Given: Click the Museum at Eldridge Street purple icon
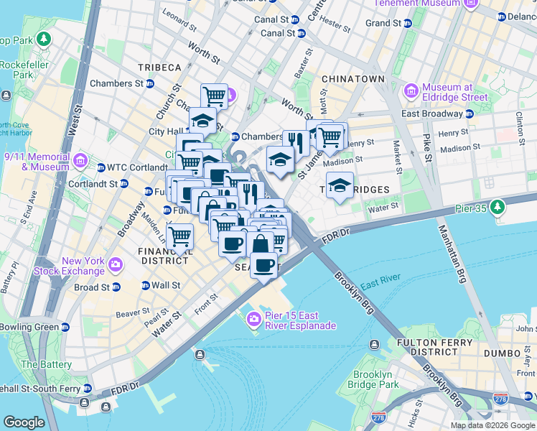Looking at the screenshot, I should [411, 91].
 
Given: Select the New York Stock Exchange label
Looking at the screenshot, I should [73, 267].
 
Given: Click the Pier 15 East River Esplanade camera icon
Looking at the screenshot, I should [253, 319].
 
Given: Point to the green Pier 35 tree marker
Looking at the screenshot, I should [496, 208].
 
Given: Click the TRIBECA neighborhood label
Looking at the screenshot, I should [159, 67].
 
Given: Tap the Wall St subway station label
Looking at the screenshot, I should [165, 285].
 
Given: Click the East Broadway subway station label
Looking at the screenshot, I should [432, 113].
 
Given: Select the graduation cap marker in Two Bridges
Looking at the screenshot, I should [340, 185].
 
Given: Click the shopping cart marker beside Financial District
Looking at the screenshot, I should [179, 235].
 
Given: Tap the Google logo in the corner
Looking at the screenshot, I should [24, 422].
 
